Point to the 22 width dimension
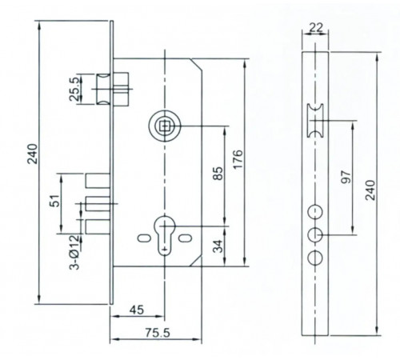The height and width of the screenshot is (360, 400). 314,29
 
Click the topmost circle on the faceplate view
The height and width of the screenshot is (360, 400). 314,210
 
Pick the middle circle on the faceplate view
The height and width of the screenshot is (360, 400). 314,234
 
